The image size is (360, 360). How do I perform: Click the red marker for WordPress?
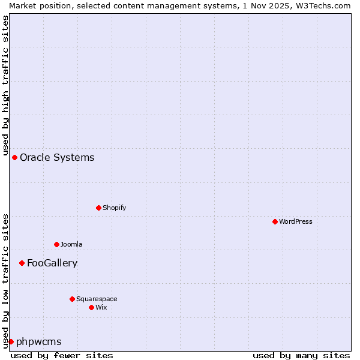tap(275, 221)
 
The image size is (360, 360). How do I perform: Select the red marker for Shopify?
tap(98, 208)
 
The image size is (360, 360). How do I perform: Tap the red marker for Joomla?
tap(56, 244)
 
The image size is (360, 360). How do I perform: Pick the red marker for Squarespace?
tap(72, 299)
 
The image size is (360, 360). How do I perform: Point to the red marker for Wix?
tap(91, 307)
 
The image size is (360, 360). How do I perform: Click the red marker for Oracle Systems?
tap(14, 157)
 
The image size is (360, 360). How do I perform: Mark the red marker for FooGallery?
tap(22, 263)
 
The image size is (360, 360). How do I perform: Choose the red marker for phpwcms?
tap(11, 341)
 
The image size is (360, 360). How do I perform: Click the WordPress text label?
tap(296, 221)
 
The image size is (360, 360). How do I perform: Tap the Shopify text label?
tap(114, 208)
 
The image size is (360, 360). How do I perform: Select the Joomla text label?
tap(71, 244)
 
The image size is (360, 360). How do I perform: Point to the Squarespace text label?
tap(97, 299)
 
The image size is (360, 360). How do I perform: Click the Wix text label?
tap(101, 307)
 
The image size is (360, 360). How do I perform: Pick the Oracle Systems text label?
tap(57, 157)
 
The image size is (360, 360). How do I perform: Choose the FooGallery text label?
tap(52, 263)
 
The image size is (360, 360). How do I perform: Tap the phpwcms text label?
tap(38, 341)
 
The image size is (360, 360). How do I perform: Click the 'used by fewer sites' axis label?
tap(62, 355)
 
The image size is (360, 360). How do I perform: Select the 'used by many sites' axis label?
tap(301, 355)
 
